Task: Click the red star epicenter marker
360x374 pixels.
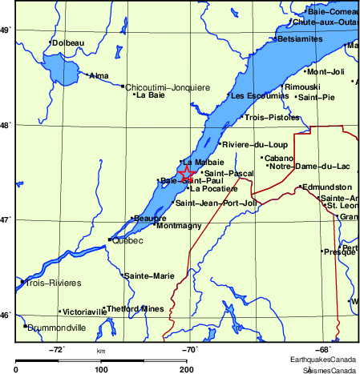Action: [x=184, y=172]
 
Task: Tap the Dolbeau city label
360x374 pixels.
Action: [x=67, y=42]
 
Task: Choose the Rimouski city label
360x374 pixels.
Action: [x=303, y=86]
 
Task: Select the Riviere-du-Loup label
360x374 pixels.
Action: [x=249, y=144]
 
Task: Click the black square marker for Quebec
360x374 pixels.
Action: [x=110, y=239]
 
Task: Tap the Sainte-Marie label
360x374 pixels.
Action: [x=149, y=276]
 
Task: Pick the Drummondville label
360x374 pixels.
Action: [x=57, y=328]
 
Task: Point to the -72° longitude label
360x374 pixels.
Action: [x=57, y=349]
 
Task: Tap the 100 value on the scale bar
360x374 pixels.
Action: [x=101, y=369]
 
